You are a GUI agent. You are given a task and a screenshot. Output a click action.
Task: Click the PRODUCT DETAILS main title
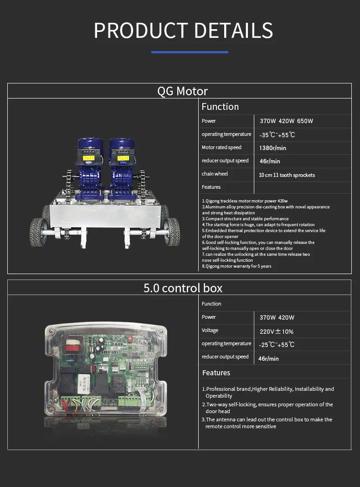coord(183,31)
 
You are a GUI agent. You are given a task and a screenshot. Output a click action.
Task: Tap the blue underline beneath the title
coord(190,52)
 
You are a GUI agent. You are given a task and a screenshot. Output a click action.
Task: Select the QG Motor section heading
coord(182,91)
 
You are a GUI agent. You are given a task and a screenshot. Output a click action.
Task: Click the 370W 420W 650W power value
coord(287,121)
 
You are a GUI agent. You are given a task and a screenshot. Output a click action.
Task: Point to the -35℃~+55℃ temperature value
coord(277,135)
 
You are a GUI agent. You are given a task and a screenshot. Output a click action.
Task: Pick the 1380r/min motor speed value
coord(273,148)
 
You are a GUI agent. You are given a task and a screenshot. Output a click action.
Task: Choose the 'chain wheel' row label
coord(215,174)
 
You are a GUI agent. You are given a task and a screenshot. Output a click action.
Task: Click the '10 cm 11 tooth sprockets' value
coord(287,175)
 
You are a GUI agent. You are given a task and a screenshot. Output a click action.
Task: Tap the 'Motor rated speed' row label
coord(221,147)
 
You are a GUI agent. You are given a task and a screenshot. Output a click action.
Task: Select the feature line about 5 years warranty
coord(237,266)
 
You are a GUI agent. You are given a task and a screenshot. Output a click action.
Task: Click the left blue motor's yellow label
coord(89,158)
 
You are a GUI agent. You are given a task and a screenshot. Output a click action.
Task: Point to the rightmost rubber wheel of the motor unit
coord(172,232)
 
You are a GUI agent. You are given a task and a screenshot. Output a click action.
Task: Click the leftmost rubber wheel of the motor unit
coord(38,232)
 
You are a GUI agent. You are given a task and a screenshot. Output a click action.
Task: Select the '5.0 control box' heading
coord(183,288)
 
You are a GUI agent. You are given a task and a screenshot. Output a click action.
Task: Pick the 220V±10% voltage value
coord(277,332)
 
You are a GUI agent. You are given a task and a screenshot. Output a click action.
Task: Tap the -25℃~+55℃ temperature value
coord(277,344)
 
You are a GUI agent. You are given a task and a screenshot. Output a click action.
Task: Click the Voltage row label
coord(210,330)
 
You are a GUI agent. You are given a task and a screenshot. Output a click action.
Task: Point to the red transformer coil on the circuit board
coord(73,345)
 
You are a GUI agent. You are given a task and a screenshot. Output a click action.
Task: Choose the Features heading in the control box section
coord(216,373)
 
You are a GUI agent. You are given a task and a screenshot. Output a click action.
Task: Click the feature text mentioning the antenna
coord(267,423)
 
